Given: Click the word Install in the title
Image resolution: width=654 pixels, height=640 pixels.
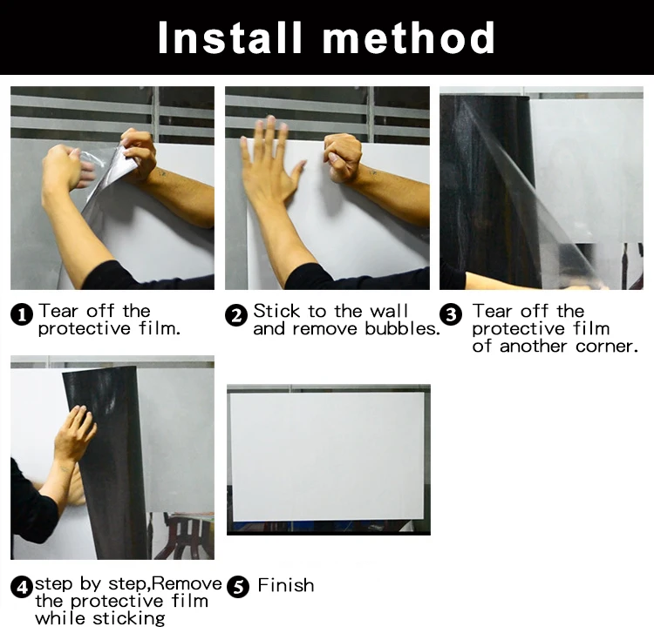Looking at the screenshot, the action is pos(229,37).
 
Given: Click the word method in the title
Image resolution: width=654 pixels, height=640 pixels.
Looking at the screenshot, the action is pos(409,37).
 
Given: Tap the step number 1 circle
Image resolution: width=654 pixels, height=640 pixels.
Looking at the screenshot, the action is pos(22,314).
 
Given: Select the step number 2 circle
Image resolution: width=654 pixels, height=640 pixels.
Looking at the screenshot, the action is pos(236,315).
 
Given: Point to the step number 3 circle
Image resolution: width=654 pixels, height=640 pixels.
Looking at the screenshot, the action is pos(451,314).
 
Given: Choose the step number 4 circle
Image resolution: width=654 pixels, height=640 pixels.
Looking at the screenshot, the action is pos(22,587).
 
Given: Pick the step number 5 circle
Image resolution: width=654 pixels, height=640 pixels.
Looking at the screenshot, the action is pos(238,587).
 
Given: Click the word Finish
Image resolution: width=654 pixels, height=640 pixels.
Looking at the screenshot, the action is pos(286,585).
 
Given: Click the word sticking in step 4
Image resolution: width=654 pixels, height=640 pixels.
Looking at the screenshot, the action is pos(129,619).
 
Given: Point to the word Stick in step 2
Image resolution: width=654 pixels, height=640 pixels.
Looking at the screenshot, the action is pos(276,311).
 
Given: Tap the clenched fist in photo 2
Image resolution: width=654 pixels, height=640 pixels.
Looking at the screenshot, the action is pos(343,158).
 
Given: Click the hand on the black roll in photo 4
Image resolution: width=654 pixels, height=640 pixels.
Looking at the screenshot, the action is pos(75,433).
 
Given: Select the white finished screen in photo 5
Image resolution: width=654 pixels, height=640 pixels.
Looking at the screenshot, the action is pos(327,456).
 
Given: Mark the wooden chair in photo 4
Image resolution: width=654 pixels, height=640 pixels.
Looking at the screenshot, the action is pos(183,535).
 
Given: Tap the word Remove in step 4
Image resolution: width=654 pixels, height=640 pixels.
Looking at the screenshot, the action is pos(187,583).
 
